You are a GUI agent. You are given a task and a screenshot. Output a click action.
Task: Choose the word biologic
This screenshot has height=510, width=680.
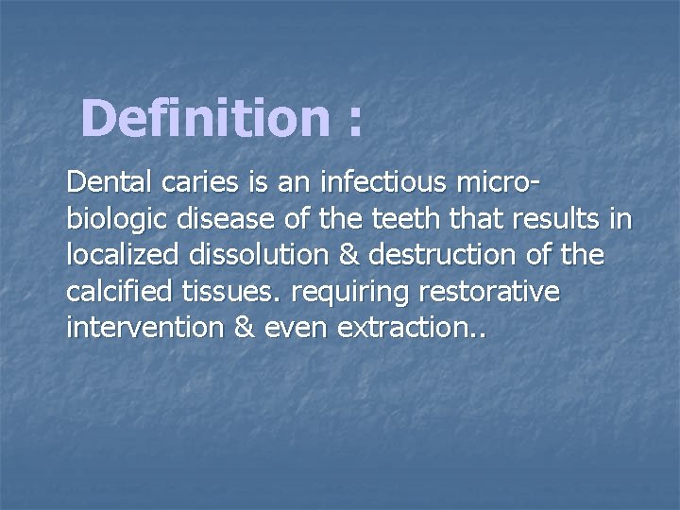[x=112, y=219]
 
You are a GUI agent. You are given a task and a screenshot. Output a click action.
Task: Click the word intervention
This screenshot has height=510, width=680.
[x=137, y=330]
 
